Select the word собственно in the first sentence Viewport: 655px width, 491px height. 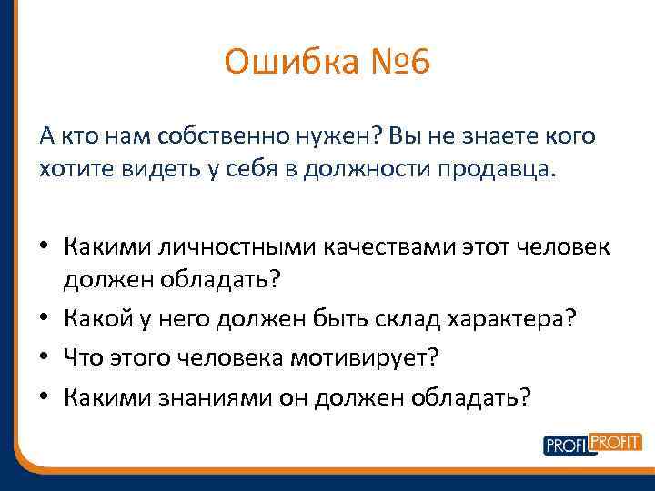pyautogui.click(x=204, y=136)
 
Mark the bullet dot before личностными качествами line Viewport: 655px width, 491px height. pyautogui.click(x=45, y=247)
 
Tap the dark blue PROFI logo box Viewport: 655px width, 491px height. pyautogui.click(x=566, y=446)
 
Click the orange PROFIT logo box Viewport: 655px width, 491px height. pyautogui.click(x=617, y=441)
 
